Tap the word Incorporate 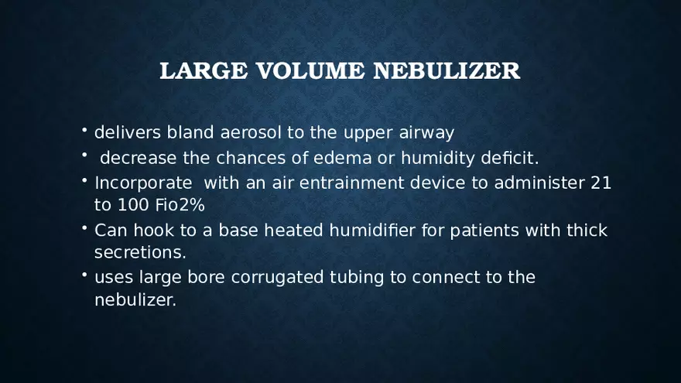(x=143, y=183)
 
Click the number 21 (x=601, y=183)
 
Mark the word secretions (x=140, y=252)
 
